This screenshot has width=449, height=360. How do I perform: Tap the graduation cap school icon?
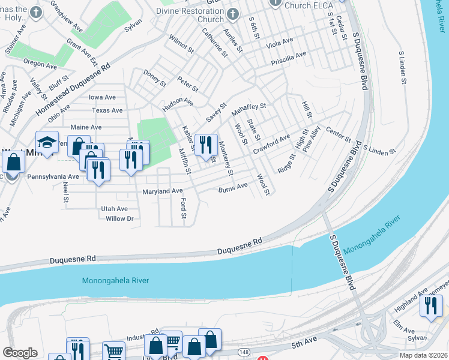[46, 142]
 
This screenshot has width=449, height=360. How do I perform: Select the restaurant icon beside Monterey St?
[205, 145]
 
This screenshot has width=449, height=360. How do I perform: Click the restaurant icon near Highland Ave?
[430, 307]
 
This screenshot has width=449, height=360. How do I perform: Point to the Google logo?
[20, 353]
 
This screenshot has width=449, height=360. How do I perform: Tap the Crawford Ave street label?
[271, 144]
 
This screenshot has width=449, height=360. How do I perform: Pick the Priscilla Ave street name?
[289, 58]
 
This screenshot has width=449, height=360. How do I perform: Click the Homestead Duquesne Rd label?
[74, 91]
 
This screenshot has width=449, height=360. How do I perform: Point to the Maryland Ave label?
[162, 191]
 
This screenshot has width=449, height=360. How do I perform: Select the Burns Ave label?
[233, 187]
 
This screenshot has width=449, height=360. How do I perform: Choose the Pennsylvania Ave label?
[53, 177]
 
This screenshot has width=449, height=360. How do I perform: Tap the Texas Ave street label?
[107, 110]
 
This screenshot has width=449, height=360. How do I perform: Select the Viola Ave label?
[280, 43]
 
